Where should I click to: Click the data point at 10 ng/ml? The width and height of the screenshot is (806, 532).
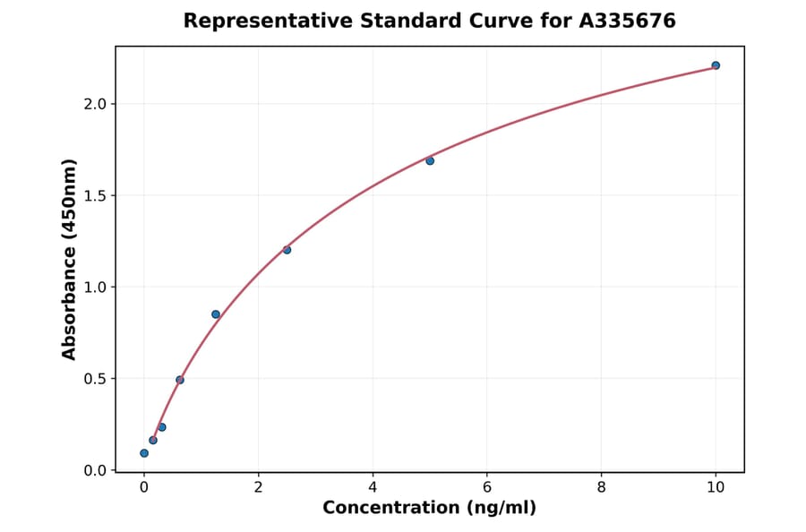(x=716, y=65)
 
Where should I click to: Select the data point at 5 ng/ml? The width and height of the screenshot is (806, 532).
(x=430, y=160)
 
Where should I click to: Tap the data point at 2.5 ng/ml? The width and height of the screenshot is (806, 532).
(x=287, y=250)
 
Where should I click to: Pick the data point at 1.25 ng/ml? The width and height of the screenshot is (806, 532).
(x=216, y=314)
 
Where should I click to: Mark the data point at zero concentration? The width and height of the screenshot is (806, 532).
(x=144, y=453)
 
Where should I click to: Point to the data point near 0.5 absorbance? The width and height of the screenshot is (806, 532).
(x=180, y=380)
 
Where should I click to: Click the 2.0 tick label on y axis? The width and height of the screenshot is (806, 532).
(x=95, y=104)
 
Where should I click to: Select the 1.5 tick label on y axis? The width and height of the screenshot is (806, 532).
(x=95, y=195)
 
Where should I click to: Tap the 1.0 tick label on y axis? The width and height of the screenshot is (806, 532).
(x=95, y=287)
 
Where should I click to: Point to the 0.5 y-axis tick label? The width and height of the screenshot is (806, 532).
(x=95, y=379)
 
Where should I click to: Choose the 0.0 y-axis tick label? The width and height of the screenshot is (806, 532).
(x=95, y=470)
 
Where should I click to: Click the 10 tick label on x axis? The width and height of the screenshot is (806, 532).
(x=716, y=487)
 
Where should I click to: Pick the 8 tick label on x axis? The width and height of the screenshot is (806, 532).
(x=601, y=487)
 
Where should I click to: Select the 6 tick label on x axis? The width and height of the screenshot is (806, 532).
(x=487, y=487)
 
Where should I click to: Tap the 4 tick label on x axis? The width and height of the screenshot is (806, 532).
(x=373, y=487)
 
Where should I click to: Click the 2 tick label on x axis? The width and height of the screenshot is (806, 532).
(x=258, y=487)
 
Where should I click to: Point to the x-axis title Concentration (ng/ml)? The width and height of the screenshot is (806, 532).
(x=429, y=509)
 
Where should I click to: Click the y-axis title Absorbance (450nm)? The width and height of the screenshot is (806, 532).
(x=70, y=259)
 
